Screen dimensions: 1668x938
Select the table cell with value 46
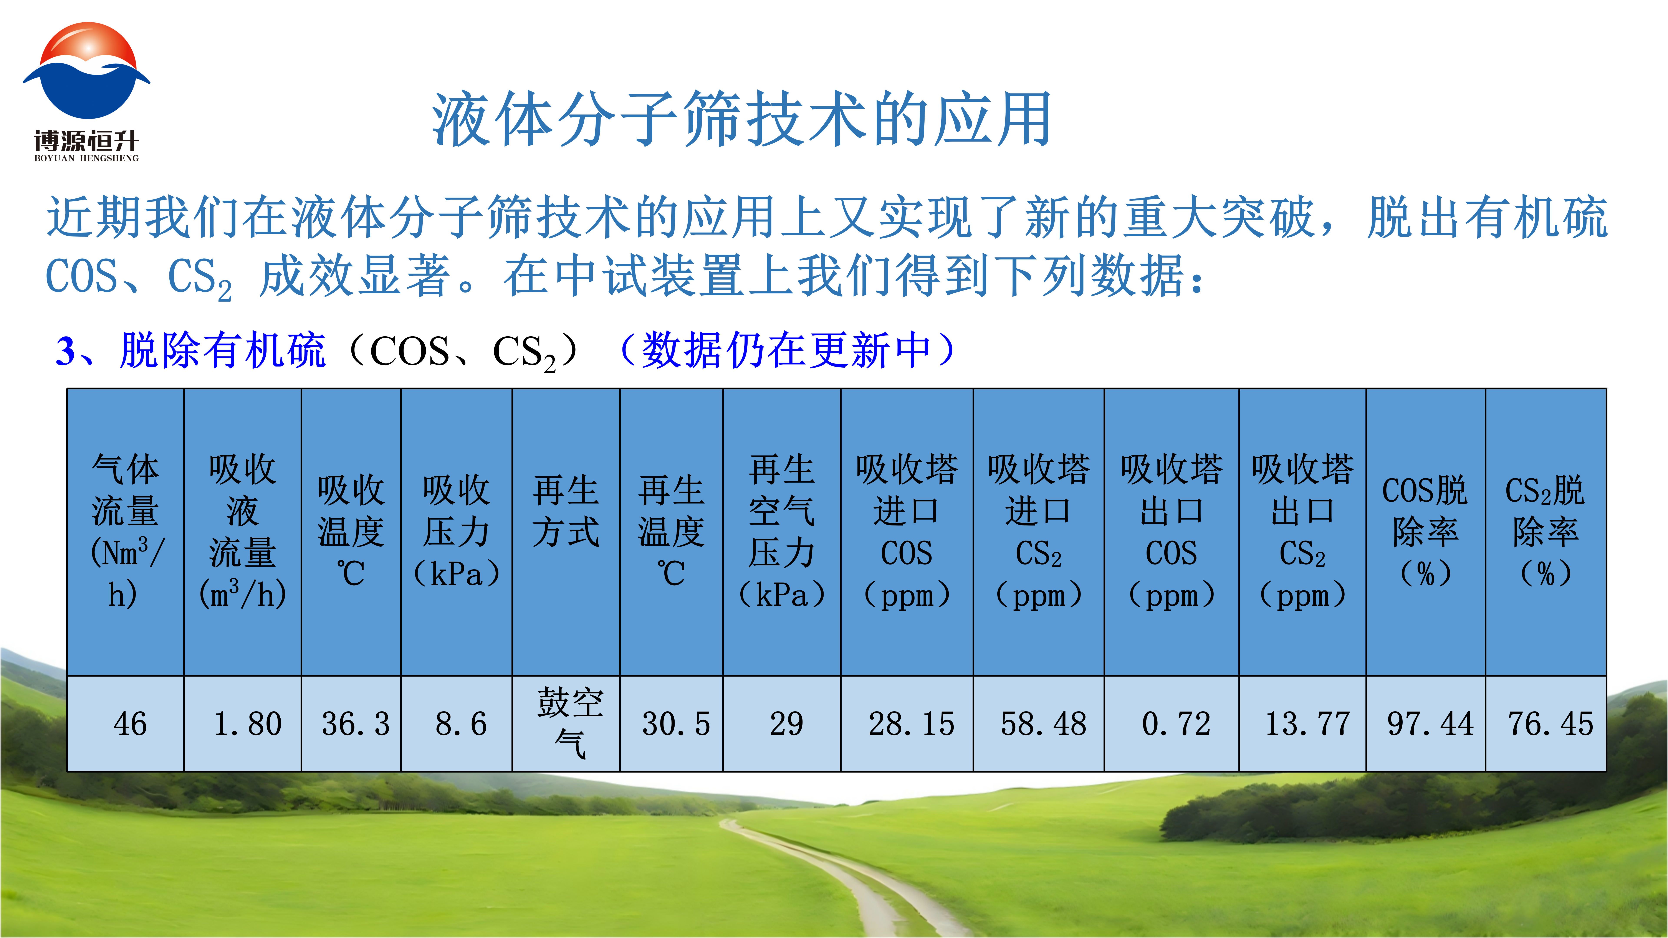[x=126, y=724]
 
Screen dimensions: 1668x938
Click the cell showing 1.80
[x=243, y=724]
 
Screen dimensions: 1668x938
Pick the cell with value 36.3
[x=351, y=724]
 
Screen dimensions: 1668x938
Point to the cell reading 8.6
[x=457, y=724]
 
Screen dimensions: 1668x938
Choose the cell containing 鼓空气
[x=566, y=724]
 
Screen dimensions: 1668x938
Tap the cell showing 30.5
[x=672, y=724]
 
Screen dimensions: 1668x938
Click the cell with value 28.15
[x=907, y=724]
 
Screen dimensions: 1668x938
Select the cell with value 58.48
[x=1039, y=724]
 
